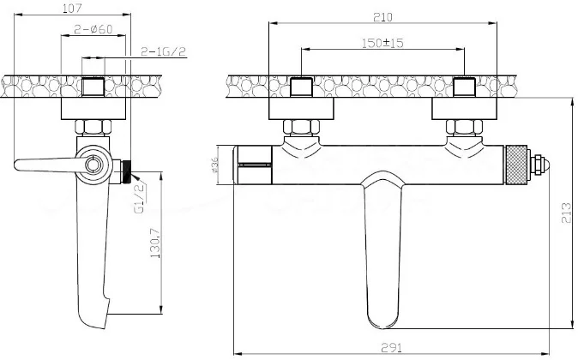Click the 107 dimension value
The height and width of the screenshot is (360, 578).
click(x=72, y=9)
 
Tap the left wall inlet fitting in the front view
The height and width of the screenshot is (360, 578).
click(x=301, y=87)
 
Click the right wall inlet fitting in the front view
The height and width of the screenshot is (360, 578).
click(x=464, y=87)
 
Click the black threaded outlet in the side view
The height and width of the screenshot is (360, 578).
click(x=124, y=170)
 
